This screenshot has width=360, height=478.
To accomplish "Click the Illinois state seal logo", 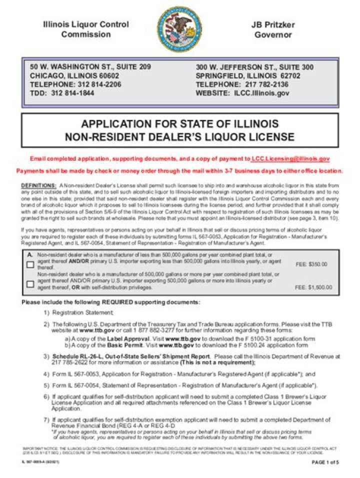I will (179, 29).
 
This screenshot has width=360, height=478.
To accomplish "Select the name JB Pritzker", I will (272, 24).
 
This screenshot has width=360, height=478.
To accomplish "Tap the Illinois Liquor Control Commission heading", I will (85, 29).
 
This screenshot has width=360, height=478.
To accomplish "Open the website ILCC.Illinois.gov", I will (263, 93).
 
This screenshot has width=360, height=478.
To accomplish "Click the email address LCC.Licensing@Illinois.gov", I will (290, 158).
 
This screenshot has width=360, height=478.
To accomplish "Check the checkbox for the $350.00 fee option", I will (30, 265).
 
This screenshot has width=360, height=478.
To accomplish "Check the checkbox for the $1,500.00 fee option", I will (30, 284).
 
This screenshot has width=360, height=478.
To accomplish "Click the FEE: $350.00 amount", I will (311, 264).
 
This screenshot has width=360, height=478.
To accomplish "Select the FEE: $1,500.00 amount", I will (313, 287).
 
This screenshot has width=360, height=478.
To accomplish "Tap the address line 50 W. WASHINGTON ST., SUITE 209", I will (90, 67).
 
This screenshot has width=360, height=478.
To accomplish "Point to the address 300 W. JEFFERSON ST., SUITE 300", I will (254, 67).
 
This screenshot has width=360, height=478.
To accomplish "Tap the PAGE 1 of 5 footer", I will (325, 462).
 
